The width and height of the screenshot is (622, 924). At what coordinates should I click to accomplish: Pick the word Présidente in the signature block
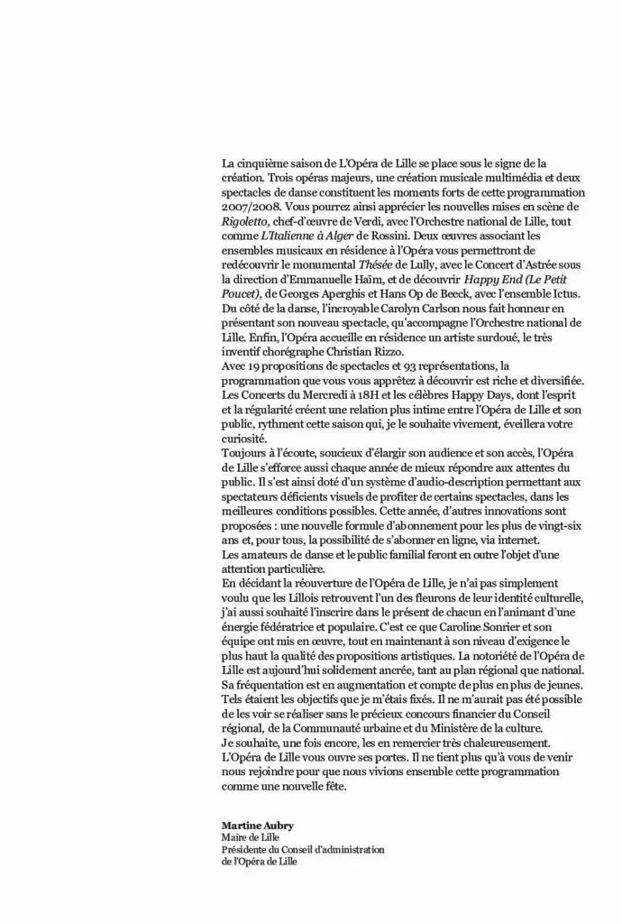(x=242, y=849)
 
